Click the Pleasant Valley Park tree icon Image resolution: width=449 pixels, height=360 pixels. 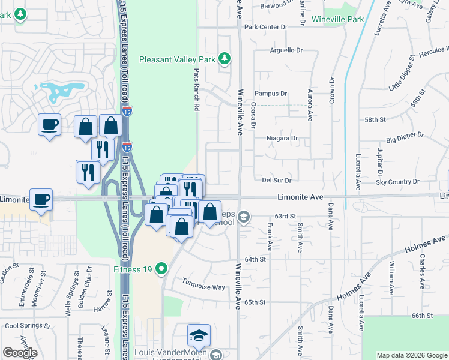point(224,58)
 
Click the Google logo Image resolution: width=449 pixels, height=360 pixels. point(20,353)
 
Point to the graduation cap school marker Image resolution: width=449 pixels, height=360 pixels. point(199,335)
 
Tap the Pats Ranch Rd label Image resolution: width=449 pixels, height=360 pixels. point(196,89)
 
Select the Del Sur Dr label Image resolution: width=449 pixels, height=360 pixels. point(276,180)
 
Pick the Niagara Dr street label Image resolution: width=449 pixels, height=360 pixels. point(282,138)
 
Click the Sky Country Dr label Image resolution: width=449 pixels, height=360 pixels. point(397,181)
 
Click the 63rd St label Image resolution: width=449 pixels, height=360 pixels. point(285,216)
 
